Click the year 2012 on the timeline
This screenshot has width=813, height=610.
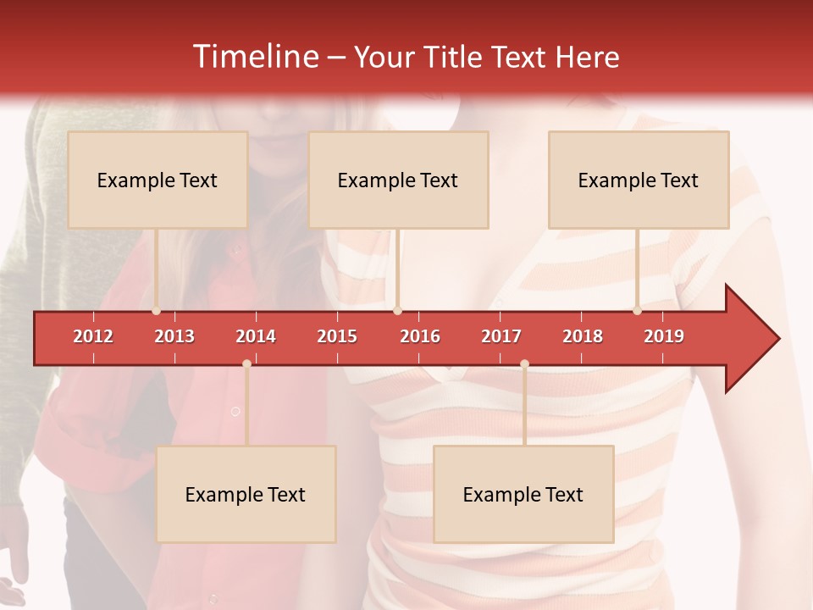click(93, 336)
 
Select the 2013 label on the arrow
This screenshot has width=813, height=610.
click(174, 336)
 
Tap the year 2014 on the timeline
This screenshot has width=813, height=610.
click(256, 336)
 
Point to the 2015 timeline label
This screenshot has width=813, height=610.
click(337, 336)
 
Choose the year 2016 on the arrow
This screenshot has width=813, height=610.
click(420, 336)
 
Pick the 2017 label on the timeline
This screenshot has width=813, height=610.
click(501, 336)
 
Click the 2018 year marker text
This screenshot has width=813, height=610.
click(583, 336)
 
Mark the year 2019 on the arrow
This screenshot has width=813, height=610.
click(664, 336)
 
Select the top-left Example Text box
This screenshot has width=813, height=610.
click(158, 180)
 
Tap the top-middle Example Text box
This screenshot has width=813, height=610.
click(398, 180)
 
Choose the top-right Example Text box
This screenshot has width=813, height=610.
click(639, 180)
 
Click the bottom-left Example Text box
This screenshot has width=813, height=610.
click(246, 494)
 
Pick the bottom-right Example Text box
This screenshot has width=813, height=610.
click(523, 494)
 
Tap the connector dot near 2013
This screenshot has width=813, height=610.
click(156, 311)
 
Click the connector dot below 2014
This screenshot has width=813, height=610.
click(246, 363)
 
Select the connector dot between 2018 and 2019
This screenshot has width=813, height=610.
click(637, 311)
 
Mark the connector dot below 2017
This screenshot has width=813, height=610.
click(524, 363)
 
